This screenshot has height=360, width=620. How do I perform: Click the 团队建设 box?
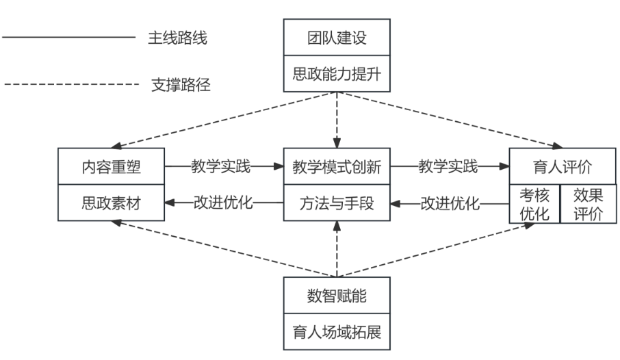[337, 37]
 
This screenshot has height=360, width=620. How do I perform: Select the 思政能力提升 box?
[337, 73]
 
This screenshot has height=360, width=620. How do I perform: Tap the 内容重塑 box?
[111, 166]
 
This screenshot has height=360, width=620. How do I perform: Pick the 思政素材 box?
[111, 203]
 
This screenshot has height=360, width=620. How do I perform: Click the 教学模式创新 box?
[337, 166]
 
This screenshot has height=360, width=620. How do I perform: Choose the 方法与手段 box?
[337, 203]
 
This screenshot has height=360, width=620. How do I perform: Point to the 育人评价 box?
[561, 166]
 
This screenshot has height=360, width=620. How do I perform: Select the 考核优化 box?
[534, 203]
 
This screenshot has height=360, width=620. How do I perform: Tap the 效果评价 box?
[588, 203]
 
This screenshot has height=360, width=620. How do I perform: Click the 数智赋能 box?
[337, 296]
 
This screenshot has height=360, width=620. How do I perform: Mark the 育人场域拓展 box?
[337, 333]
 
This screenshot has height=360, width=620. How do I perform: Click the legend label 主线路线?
[177, 38]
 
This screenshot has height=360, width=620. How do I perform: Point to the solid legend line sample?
[68, 38]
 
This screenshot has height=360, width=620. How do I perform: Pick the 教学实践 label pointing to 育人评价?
[448, 166]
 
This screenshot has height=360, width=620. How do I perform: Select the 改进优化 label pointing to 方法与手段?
[449, 203]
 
